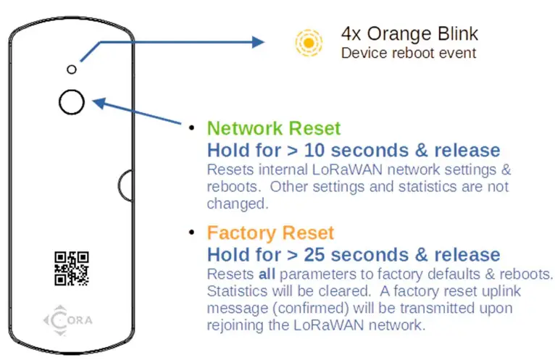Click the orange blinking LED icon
click(x=309, y=43)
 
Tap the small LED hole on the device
click(x=71, y=69)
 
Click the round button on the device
click(x=72, y=102)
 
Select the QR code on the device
click(x=72, y=267)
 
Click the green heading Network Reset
click(x=273, y=129)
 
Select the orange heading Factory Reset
click(x=270, y=233)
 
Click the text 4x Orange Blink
click(x=409, y=34)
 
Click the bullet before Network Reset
click(x=192, y=129)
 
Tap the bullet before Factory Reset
click(x=192, y=233)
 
